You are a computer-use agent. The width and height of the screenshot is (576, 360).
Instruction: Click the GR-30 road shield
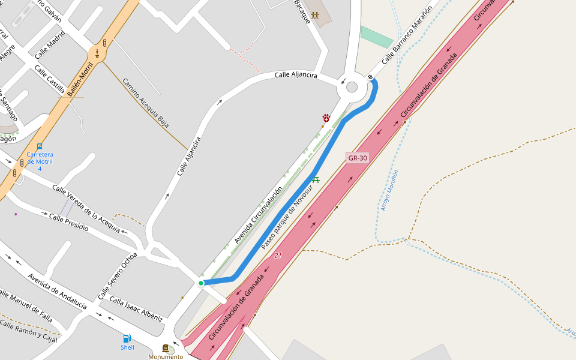click(x=358, y=158)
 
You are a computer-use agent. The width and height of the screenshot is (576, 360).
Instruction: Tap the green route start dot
click(x=201, y=283)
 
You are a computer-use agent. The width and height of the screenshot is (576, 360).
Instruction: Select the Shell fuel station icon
click(x=127, y=338)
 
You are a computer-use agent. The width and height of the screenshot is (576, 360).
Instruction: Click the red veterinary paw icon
click(x=326, y=118)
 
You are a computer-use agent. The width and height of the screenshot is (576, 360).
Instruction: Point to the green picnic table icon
click(x=316, y=179)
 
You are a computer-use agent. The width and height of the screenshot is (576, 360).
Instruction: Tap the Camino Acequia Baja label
click(x=146, y=103)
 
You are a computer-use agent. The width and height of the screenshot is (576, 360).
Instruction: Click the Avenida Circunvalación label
click(x=258, y=215)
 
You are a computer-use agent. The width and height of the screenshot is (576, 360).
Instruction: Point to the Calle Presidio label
click(x=69, y=223)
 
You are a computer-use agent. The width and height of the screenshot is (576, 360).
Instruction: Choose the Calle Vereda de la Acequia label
click(x=86, y=203)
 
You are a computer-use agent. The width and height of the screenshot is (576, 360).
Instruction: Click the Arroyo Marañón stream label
click(x=389, y=190)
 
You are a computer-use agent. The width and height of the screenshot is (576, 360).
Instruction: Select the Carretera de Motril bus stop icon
click(x=40, y=146)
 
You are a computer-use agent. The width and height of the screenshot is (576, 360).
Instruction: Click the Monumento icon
click(x=166, y=348)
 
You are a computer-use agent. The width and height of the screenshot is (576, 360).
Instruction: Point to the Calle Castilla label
click(x=49, y=80)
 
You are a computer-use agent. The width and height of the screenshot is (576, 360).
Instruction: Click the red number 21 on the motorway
click(x=278, y=256)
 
